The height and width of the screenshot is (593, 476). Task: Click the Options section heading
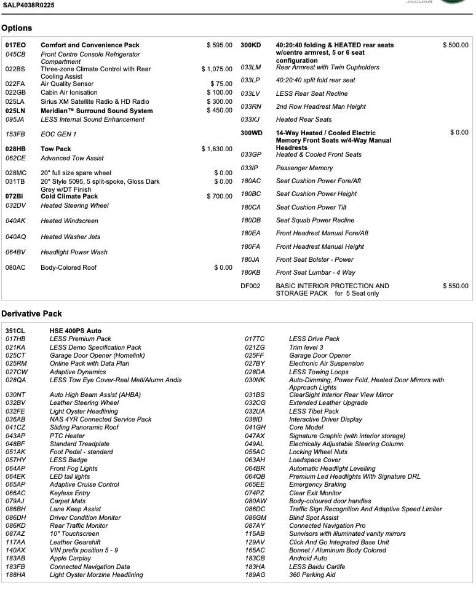tap(17, 28)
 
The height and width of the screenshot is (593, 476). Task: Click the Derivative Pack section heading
tap(31, 314)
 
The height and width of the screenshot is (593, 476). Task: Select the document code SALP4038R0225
tap(28, 5)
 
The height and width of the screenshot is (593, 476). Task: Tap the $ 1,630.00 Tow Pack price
tap(216, 149)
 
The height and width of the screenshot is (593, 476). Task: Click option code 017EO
tap(15, 45)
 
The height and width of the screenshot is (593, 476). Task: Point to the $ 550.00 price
tap(455, 286)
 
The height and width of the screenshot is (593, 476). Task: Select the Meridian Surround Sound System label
tap(97, 111)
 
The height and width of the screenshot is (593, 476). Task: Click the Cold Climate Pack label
tap(69, 197)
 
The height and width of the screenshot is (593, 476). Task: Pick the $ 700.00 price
tap(220, 197)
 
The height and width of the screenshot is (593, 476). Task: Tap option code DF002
tap(250, 286)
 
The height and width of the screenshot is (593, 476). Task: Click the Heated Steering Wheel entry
tap(74, 206)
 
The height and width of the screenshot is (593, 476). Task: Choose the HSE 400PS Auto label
tap(76, 331)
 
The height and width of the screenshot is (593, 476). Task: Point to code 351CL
tap(15, 331)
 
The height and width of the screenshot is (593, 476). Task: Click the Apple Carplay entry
tap(70, 559)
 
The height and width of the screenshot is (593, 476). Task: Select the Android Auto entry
tap(308, 559)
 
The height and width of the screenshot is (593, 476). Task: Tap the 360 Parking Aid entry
tap(312, 575)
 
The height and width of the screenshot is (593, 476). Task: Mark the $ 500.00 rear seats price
tap(455, 45)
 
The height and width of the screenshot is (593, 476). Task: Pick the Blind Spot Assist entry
tap(314, 518)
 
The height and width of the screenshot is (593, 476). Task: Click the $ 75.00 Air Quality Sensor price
tap(221, 84)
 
